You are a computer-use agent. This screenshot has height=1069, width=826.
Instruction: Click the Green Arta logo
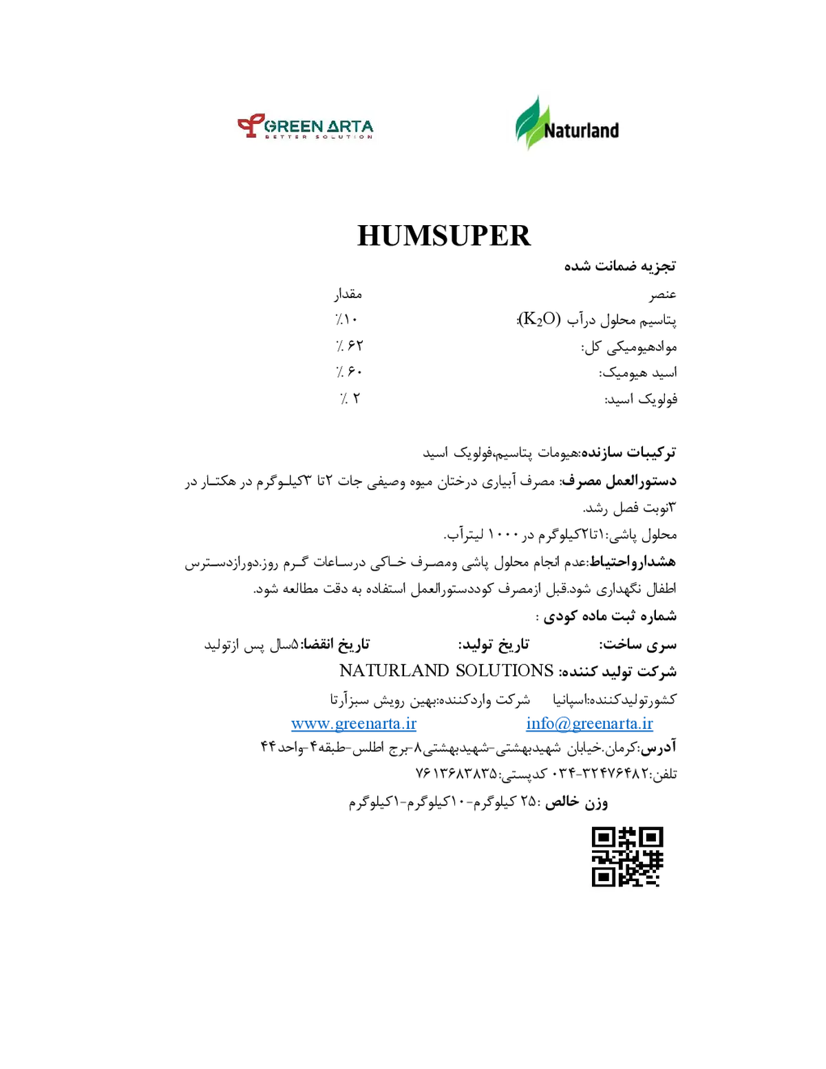(x=305, y=127)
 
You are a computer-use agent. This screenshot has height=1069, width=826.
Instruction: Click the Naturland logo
(x=566, y=123)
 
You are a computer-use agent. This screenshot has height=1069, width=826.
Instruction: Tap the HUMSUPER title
(x=444, y=235)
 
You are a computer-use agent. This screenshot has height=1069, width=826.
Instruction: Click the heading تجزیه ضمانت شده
(x=620, y=266)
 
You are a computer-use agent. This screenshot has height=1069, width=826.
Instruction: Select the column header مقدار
(x=348, y=294)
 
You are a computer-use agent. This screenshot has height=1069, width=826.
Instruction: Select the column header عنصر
(x=663, y=295)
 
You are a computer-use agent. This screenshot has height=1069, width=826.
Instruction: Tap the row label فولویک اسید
(x=641, y=399)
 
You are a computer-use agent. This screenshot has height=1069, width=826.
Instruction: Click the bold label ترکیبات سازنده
(x=629, y=452)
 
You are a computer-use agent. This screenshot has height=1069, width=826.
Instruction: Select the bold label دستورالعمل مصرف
(x=619, y=480)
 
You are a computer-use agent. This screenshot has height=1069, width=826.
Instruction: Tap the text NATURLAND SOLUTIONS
(x=446, y=671)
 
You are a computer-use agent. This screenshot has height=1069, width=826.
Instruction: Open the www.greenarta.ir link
(x=354, y=723)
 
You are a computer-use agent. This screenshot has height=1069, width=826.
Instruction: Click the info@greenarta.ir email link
(x=589, y=723)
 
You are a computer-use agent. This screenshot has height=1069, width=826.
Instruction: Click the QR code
(x=627, y=857)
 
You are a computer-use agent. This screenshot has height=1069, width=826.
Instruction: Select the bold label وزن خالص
(x=576, y=803)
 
